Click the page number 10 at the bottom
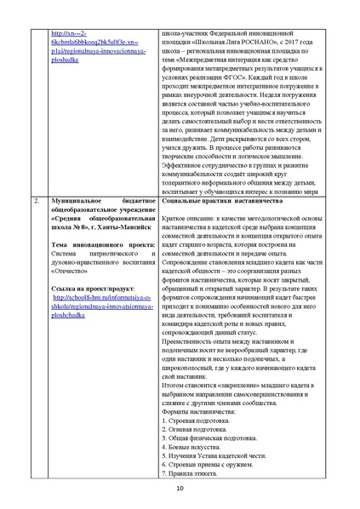click(x=180, y=488)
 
